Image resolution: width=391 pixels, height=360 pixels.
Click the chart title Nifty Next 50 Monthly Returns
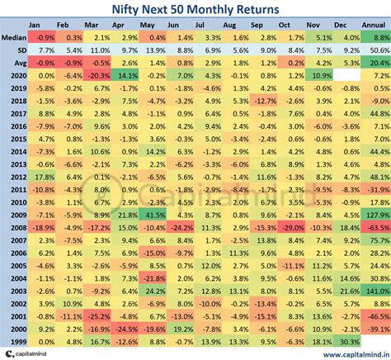pyautogui.click(x=195, y=10)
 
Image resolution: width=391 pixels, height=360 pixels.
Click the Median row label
pyautogui.click(x=14, y=38)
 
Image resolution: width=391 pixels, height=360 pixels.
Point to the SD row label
pyautogui.click(x=14, y=50)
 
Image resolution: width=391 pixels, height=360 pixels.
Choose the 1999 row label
pyautogui.click(x=14, y=340)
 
